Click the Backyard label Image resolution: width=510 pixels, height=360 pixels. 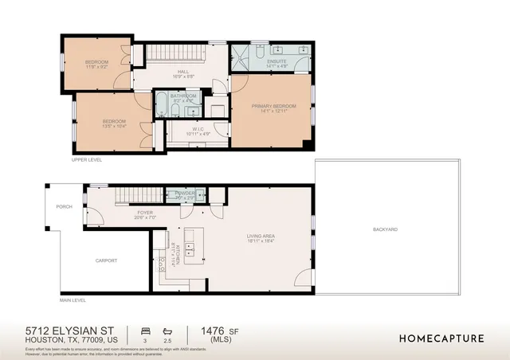pos(385,229)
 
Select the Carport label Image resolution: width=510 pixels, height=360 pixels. pos(106,260)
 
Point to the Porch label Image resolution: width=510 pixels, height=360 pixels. pos(64,207)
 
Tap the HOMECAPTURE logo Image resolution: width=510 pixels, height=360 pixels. pos(441,338)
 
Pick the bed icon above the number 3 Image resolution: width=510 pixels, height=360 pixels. pos(145,330)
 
